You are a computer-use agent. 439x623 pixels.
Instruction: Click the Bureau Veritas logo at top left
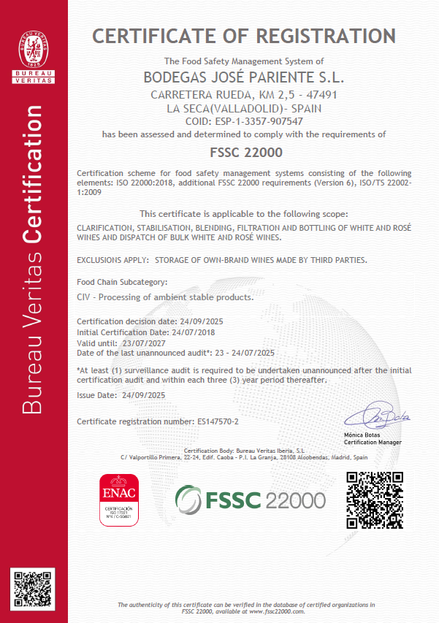pyautogui.click(x=34, y=51)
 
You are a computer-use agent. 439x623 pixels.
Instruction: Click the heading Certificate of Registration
pyautogui.click(x=243, y=35)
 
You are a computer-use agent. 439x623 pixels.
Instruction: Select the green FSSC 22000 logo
pyautogui.click(x=250, y=500)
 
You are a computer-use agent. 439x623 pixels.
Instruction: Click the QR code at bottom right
pyautogui.click(x=373, y=500)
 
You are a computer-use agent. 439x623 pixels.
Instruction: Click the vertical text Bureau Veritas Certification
pyautogui.click(x=34, y=259)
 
